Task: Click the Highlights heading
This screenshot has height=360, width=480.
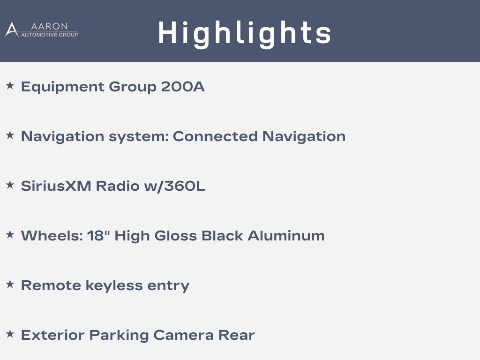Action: pos(245,34)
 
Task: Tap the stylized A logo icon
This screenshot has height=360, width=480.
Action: pos(12,30)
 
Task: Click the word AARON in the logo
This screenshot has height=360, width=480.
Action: pos(49,26)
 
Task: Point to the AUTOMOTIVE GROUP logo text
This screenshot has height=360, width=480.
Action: pos(49,35)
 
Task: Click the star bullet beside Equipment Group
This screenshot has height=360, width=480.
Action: pos(10,85)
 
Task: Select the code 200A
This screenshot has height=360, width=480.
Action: pos(183,87)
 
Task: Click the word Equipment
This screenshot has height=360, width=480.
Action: pos(63,87)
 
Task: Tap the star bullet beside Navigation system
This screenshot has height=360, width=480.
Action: pos(10,135)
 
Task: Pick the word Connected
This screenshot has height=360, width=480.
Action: pos(215,136)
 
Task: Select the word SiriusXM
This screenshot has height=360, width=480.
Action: pos(56,186)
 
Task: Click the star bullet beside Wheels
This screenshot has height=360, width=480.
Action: pos(10,234)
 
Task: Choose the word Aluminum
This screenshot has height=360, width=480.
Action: pos(286,236)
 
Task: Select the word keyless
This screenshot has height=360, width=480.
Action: pos(114,286)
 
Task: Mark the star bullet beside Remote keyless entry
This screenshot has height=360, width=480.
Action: pos(10,284)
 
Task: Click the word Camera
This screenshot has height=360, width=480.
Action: pos(183,335)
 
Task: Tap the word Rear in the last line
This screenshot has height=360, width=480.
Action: pos(236,335)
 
